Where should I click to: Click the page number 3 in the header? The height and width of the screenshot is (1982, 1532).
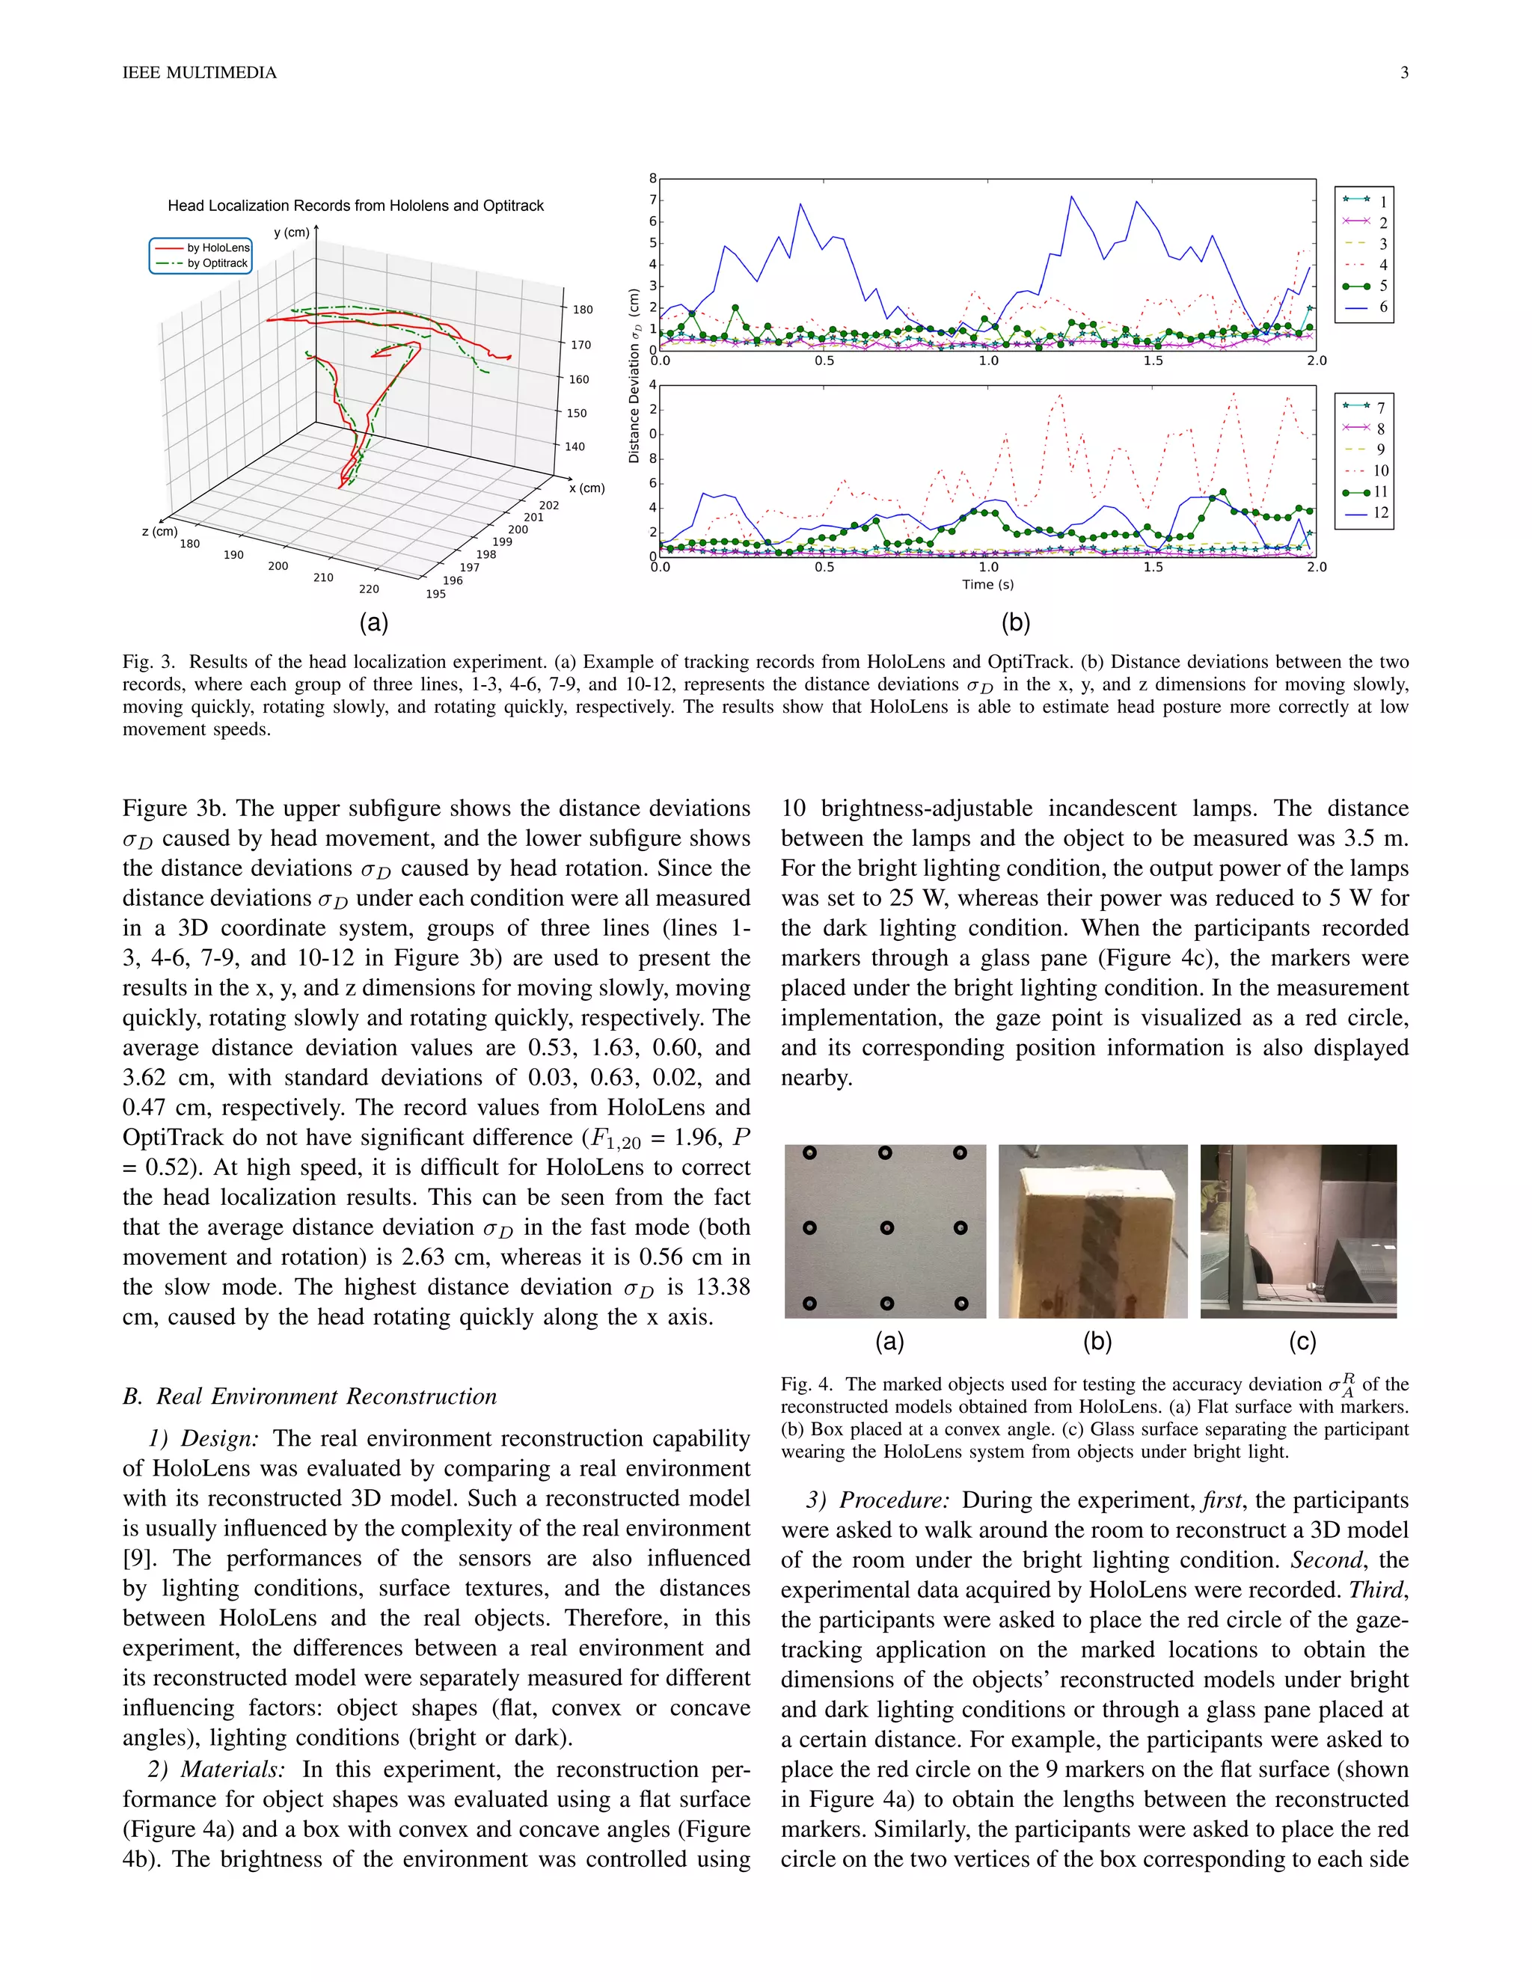click(x=1403, y=73)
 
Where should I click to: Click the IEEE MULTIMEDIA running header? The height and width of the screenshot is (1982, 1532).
click(x=200, y=73)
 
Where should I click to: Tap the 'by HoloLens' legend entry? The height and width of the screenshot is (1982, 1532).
click(x=218, y=248)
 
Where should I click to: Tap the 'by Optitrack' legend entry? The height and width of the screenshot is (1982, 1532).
click(x=217, y=263)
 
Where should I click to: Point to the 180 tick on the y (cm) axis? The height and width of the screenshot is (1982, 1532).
click(x=582, y=310)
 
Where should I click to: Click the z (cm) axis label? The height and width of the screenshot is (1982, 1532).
click(x=160, y=531)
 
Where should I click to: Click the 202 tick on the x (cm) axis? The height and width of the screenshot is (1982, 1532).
click(x=549, y=506)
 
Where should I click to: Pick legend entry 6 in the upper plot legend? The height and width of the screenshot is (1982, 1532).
click(x=1382, y=307)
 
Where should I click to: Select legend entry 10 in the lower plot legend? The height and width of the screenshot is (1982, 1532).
click(x=1379, y=470)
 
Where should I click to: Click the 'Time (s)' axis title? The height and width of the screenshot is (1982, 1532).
click(x=987, y=584)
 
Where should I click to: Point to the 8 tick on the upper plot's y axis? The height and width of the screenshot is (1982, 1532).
click(x=652, y=179)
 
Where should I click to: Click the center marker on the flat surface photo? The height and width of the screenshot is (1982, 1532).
click(x=886, y=1228)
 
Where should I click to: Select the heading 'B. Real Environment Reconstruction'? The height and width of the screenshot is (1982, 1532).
click(x=310, y=1396)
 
